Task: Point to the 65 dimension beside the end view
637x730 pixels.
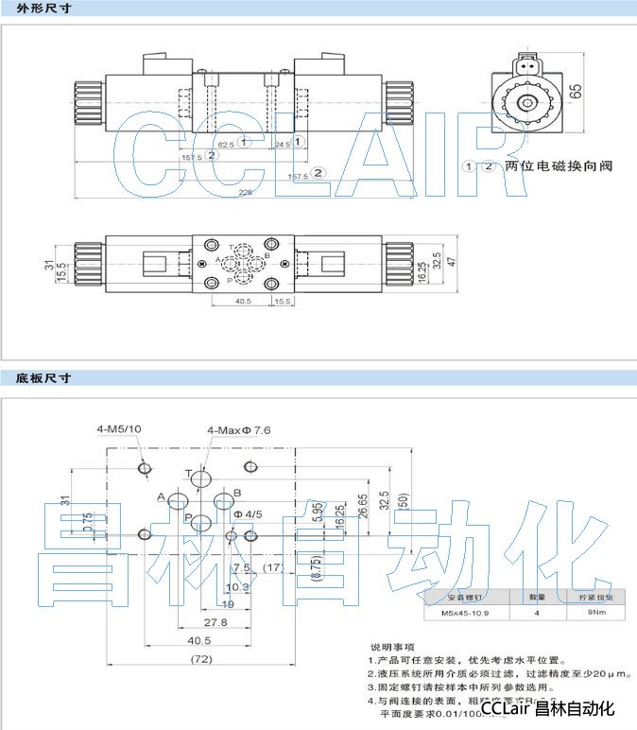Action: point(576,92)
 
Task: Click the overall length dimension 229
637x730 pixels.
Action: point(246,192)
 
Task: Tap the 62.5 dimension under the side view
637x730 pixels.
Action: point(225,145)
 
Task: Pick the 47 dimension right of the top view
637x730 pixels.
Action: point(452,259)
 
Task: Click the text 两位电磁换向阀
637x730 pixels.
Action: point(559,166)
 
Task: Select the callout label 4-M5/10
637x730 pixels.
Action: point(119,429)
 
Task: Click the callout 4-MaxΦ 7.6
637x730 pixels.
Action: point(240,430)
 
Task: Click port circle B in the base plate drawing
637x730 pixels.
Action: point(224,502)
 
